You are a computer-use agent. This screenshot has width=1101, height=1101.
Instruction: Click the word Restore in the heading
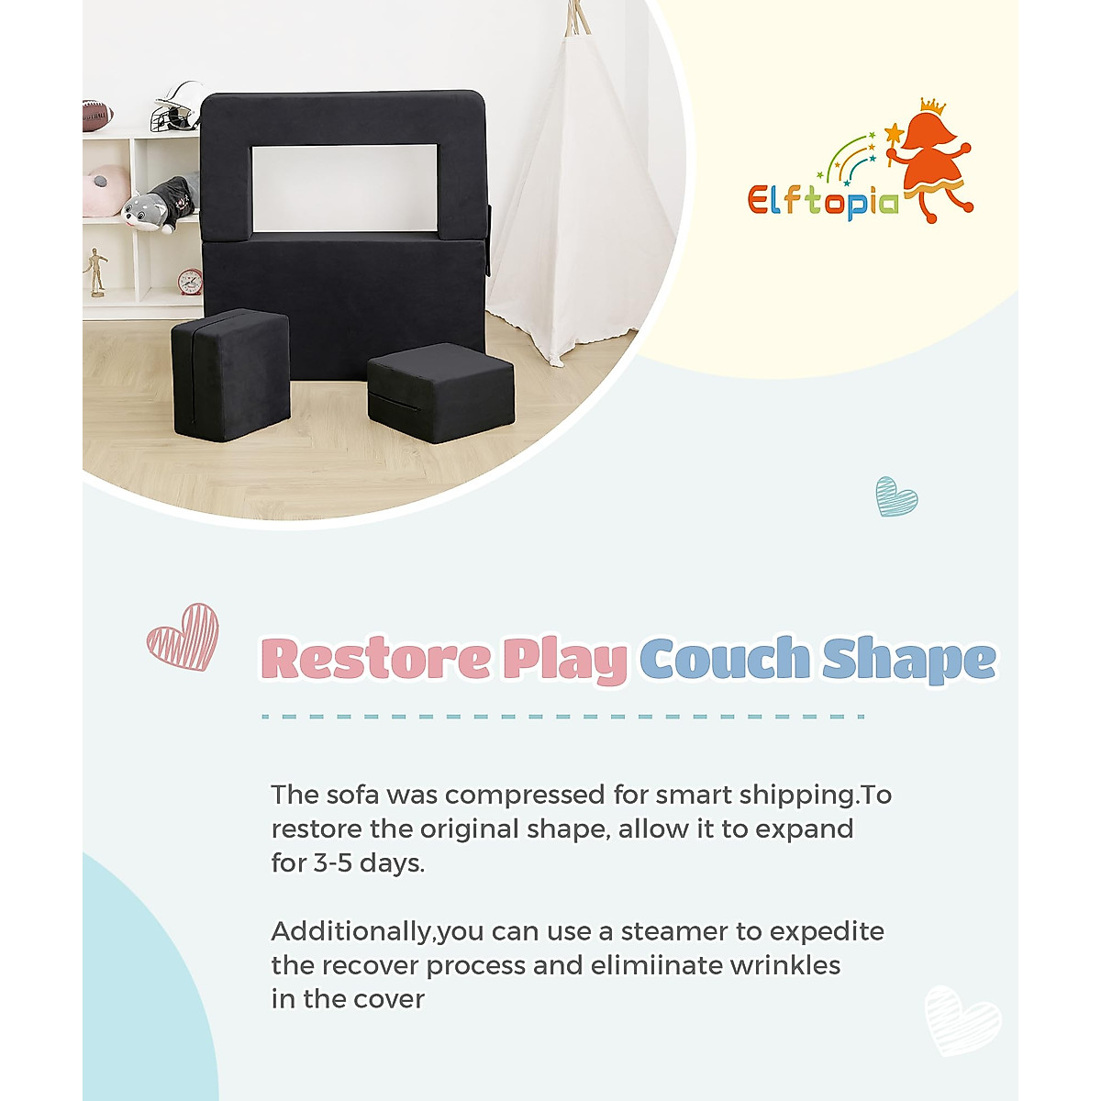tap(375, 659)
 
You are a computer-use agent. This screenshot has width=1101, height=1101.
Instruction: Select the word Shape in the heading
tap(908, 661)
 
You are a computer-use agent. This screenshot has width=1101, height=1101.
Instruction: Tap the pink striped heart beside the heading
tap(183, 637)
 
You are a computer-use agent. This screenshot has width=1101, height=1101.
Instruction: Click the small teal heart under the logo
tap(895, 496)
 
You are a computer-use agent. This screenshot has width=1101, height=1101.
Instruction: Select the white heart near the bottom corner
tap(962, 1020)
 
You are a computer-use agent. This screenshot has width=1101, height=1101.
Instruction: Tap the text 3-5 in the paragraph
tap(332, 863)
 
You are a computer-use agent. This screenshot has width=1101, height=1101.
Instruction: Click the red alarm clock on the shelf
tap(190, 281)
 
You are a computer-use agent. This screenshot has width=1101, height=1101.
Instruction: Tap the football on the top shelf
tap(97, 115)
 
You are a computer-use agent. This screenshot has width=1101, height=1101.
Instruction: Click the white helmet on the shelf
tap(178, 106)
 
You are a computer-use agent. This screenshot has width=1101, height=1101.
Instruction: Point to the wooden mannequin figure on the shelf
tap(97, 272)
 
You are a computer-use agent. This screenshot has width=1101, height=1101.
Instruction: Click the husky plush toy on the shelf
tap(161, 204)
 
